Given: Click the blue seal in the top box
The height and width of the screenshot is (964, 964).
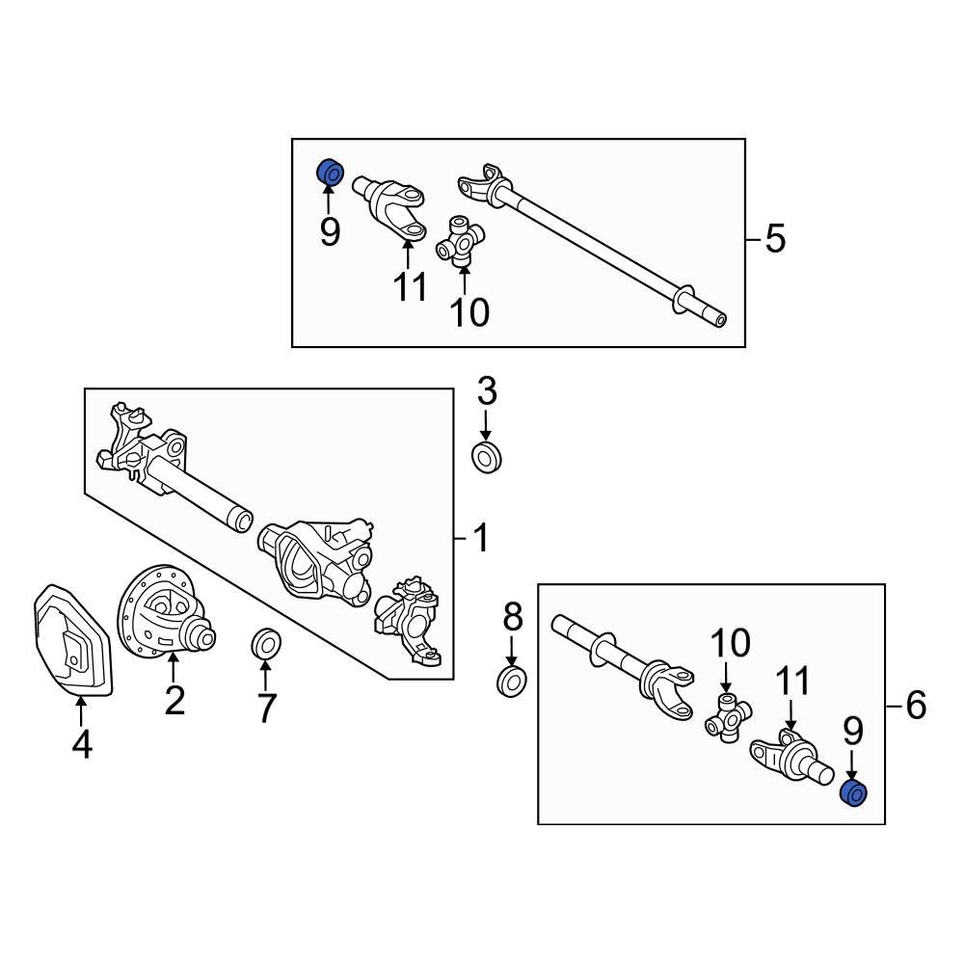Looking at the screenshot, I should click(331, 173).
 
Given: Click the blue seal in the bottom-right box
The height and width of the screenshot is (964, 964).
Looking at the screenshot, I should click(855, 793).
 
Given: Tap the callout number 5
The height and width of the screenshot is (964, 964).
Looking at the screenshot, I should click(775, 238).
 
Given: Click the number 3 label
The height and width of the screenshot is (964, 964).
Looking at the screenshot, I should click(487, 392).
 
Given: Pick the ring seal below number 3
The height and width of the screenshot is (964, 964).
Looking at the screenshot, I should click(487, 457).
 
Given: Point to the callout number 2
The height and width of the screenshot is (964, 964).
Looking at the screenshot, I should click(174, 700).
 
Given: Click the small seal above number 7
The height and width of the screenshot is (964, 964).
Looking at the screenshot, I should click(265, 643).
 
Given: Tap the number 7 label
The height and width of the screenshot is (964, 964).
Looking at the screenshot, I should click(266, 709).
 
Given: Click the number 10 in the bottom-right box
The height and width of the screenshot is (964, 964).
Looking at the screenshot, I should click(730, 643).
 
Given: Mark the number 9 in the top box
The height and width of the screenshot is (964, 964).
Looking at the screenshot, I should click(330, 232).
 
